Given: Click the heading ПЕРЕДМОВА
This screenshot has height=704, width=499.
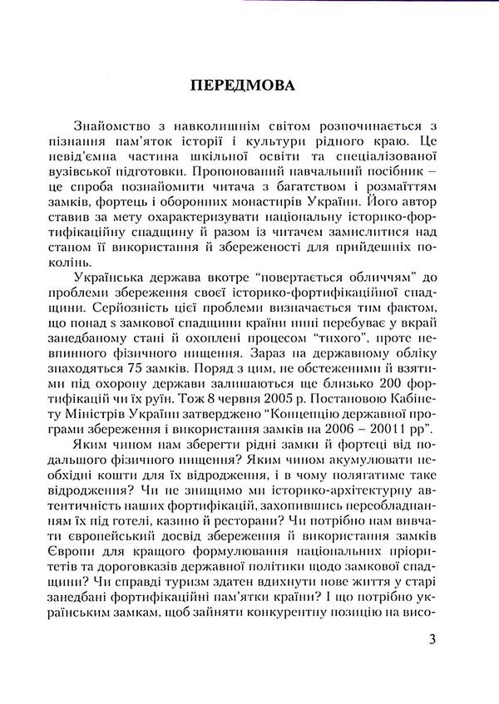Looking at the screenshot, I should [249, 86].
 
